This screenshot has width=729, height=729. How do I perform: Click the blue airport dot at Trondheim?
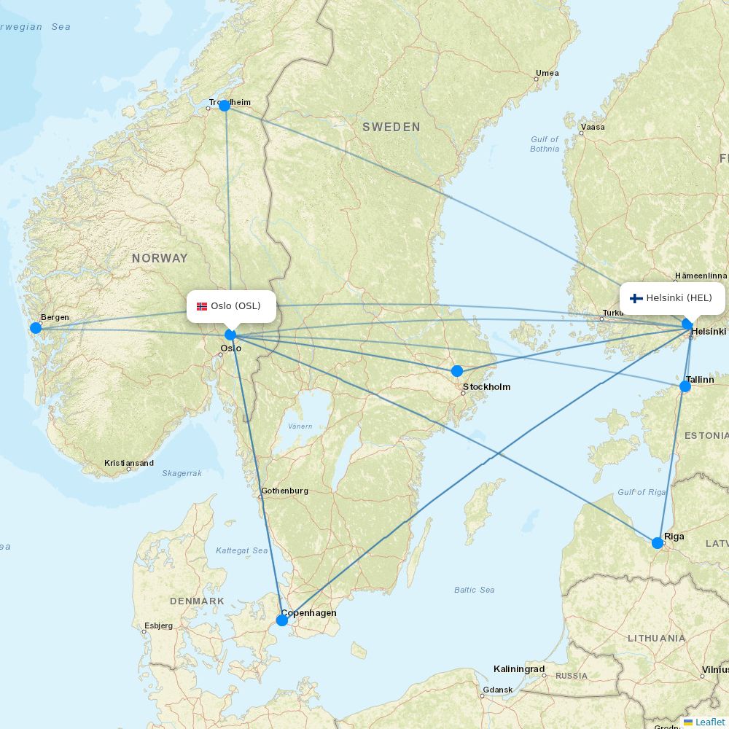pyautogui.click(x=225, y=106)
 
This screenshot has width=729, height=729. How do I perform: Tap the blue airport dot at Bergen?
pyautogui.click(x=36, y=328)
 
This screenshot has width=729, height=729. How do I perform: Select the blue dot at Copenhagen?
pyautogui.click(x=282, y=620)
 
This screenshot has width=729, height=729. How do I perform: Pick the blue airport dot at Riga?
pyautogui.click(x=658, y=542)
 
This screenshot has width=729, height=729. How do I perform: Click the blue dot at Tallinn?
pyautogui.click(x=685, y=386)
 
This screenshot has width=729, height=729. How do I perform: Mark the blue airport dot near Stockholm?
pyautogui.click(x=457, y=371)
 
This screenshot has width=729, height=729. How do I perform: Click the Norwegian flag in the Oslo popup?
pyautogui.click(x=202, y=306)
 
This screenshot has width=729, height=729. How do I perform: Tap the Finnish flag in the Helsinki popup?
pyautogui.click(x=636, y=298)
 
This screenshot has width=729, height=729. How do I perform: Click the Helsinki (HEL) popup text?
pyautogui.click(x=679, y=298)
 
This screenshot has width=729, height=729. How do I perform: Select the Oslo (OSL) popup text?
pyautogui.click(x=235, y=306)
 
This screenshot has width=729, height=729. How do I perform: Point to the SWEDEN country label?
pyautogui.click(x=391, y=127)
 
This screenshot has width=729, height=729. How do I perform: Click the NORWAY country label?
pyautogui.click(x=160, y=258)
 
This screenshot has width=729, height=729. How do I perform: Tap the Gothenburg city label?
pyautogui.click(x=284, y=491)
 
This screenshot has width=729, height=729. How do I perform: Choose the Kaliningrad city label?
pyautogui.click(x=519, y=669)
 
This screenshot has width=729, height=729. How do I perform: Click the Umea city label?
pyautogui.click(x=547, y=73)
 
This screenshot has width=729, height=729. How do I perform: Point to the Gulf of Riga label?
pyautogui.click(x=642, y=492)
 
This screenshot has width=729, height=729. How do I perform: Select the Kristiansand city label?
pyautogui.click(x=129, y=463)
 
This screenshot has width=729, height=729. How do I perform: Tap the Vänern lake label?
pyautogui.click(x=300, y=426)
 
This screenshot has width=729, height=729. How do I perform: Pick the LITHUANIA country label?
pyautogui.click(x=656, y=638)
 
